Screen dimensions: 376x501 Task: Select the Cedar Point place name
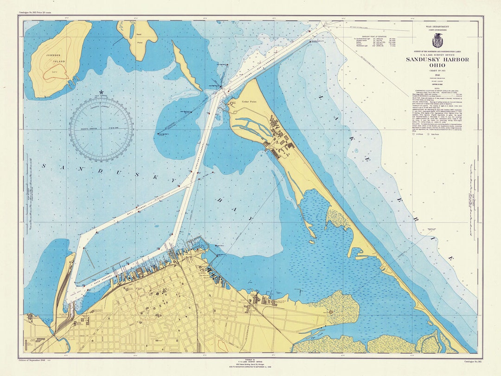pyautogui.click(x=249, y=89)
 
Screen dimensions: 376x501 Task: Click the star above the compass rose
pyautogui.click(x=102, y=92)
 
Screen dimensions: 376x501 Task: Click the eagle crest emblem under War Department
pyautogui.click(x=437, y=40)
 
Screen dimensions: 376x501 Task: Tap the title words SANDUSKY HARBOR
pyautogui.click(x=437, y=59)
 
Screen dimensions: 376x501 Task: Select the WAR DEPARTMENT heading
pyautogui.click(x=437, y=28)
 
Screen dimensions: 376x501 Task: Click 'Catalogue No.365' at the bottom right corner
pyautogui.click(x=473, y=361)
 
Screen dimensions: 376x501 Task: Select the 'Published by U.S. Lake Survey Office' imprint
pyautogui.click(x=251, y=362)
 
